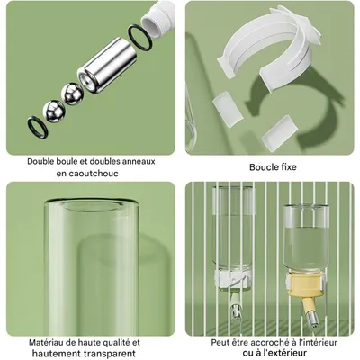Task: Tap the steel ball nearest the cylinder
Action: tap(70, 91)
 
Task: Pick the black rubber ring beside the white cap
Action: tap(138, 36)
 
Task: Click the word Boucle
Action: tap(263, 166)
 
